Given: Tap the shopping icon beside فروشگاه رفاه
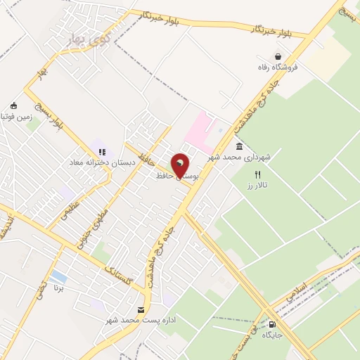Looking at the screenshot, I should (279, 56).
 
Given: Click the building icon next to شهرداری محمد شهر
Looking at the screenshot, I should (240, 147).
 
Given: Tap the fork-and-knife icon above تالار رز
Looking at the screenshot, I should (258, 174).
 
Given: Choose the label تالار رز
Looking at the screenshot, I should (259, 186).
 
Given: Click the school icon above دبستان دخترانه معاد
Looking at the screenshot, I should (102, 151).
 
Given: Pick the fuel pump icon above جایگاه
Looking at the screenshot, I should (272, 324).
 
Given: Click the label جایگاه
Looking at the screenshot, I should (272, 335).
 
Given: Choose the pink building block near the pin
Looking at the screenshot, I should (204, 129).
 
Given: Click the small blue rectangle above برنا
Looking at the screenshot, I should (59, 277).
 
